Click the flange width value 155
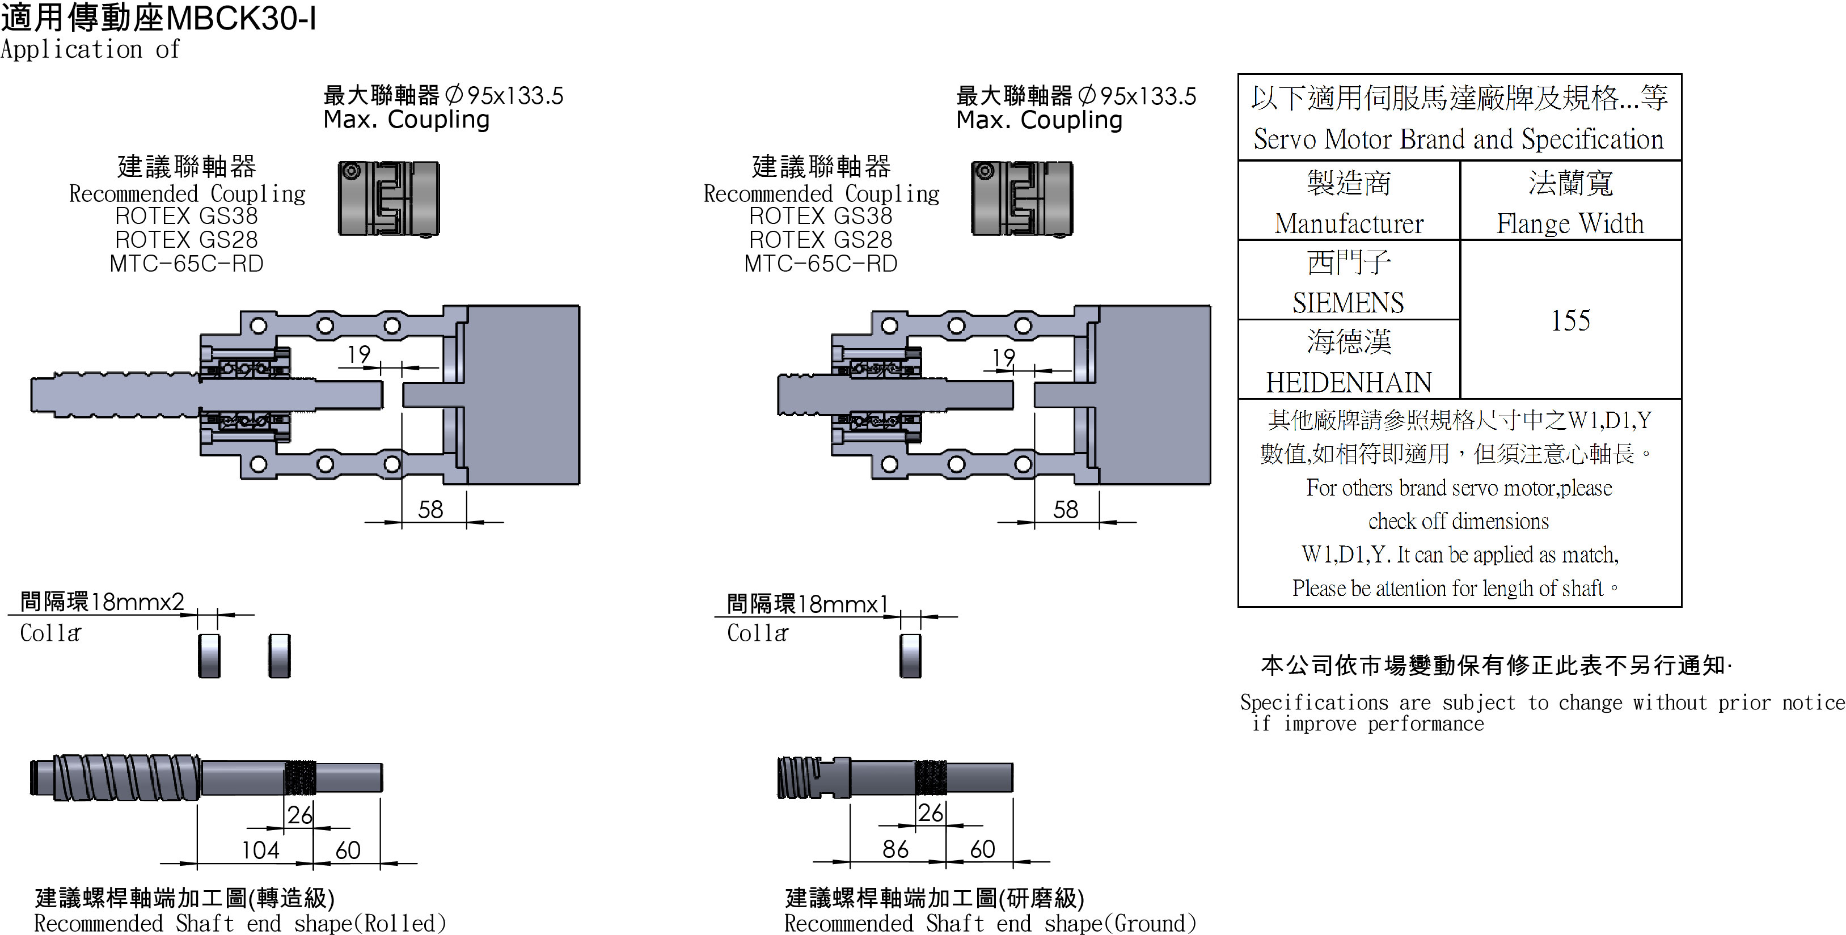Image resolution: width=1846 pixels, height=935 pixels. coord(1570,320)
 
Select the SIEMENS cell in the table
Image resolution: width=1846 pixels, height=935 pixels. coord(1348,302)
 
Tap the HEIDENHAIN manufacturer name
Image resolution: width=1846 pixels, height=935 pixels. coord(1348,382)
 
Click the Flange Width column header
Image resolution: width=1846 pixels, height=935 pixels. coord(1570,223)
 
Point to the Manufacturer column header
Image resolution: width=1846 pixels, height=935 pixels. coord(1349,223)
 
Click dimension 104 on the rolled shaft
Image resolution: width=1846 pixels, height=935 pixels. coord(260,850)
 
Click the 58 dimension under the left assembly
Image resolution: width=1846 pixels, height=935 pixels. coord(430,509)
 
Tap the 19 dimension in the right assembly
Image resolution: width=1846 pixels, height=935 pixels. coord(1003,356)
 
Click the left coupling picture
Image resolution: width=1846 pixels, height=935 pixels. coord(388,198)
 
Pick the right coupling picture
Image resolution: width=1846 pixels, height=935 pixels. coord(1022,198)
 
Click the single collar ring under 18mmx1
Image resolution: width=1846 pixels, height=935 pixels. coord(910,655)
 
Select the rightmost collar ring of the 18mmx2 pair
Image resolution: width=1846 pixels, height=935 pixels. coord(280,655)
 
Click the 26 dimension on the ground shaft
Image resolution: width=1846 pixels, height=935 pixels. coord(930,813)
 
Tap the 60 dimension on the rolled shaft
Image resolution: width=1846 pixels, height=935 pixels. coord(348,850)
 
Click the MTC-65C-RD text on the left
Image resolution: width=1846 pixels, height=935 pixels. coord(187,264)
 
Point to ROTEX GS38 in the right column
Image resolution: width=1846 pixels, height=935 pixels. coord(821,215)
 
